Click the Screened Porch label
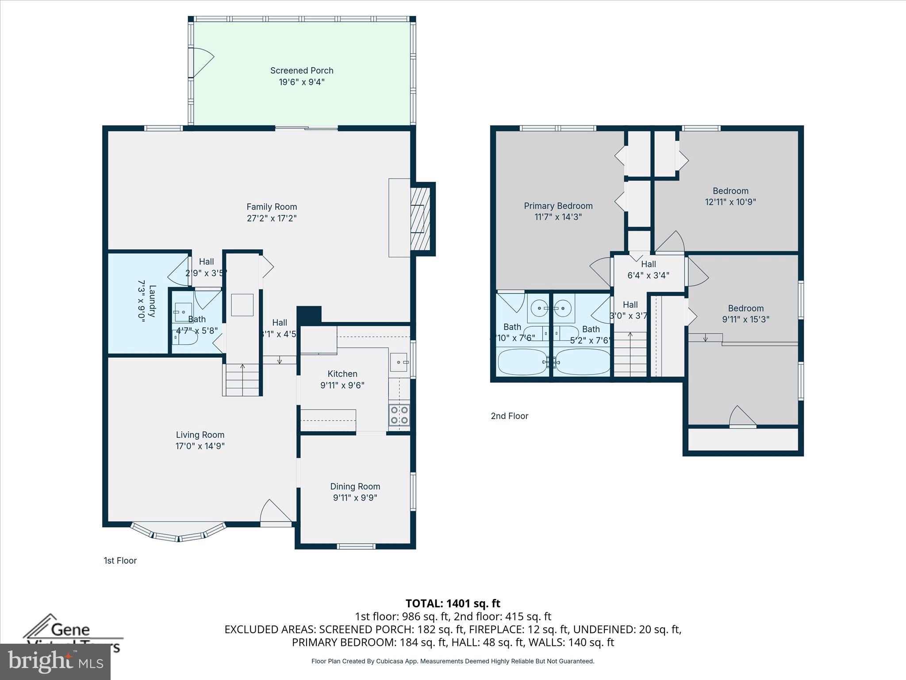pyautogui.click(x=301, y=70)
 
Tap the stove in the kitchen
pyautogui.click(x=399, y=415)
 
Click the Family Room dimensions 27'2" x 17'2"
pyautogui.click(x=271, y=218)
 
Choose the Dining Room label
pyautogui.click(x=355, y=487)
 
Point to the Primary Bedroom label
pyautogui.click(x=558, y=206)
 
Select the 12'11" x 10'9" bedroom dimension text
pyautogui.click(x=730, y=202)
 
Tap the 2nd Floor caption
pyautogui.click(x=509, y=416)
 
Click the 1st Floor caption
pyautogui.click(x=120, y=560)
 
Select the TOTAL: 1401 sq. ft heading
pyautogui.click(x=453, y=603)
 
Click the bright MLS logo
pyautogui.click(x=55, y=661)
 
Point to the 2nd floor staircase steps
pyautogui.click(x=630, y=354)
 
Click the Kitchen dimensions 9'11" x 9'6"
pyautogui.click(x=342, y=385)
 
